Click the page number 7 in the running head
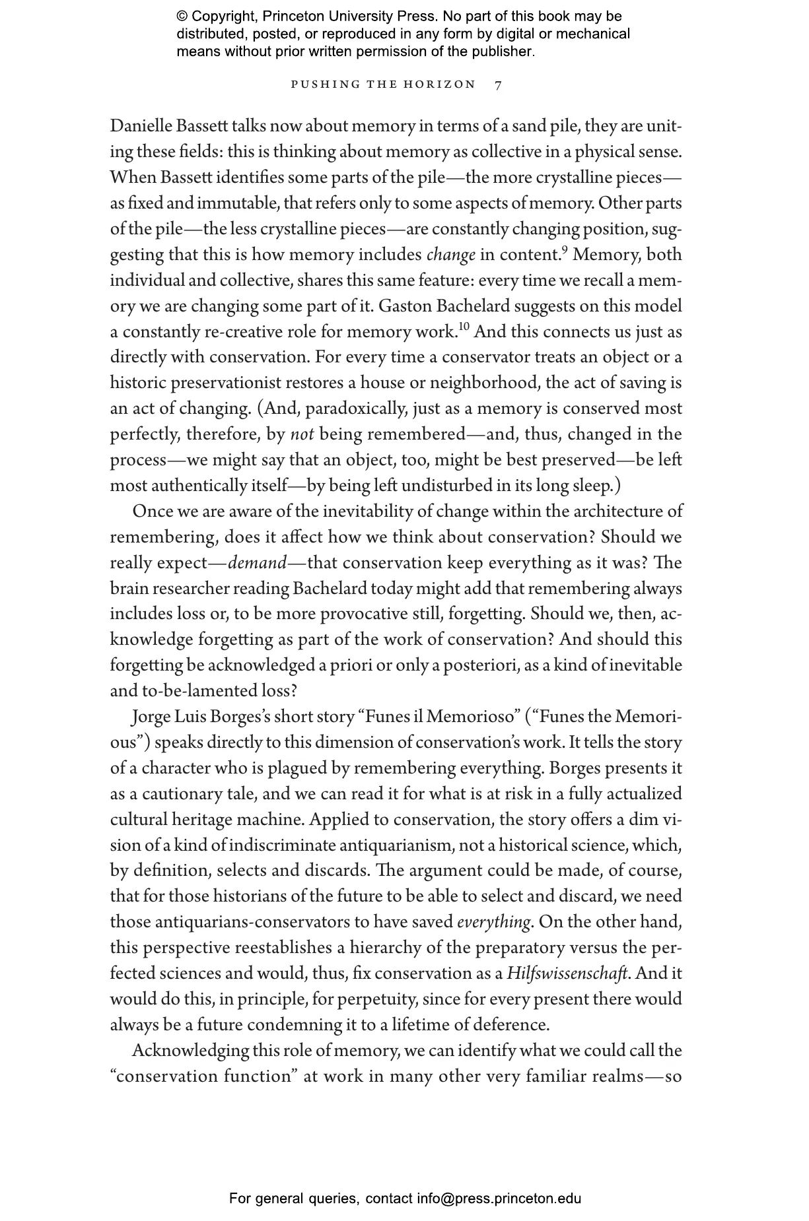point(499,84)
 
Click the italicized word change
point(451,255)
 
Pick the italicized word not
point(302,435)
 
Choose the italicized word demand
point(258,564)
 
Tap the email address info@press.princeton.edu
point(499,1199)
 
